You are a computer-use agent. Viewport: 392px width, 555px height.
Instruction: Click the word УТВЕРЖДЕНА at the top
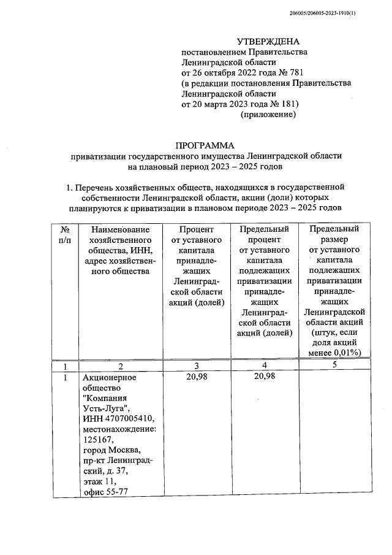click(270, 42)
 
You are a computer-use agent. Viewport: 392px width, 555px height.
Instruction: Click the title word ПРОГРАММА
click(205, 145)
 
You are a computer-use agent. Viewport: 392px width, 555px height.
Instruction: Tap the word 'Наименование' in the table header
click(119, 229)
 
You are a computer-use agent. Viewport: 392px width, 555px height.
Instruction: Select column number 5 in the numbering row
click(334, 365)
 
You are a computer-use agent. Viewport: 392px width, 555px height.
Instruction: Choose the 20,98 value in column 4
click(264, 377)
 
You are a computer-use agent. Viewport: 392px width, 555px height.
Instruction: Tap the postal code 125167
click(99, 440)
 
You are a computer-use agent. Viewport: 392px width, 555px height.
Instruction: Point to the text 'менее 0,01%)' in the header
click(334, 352)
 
